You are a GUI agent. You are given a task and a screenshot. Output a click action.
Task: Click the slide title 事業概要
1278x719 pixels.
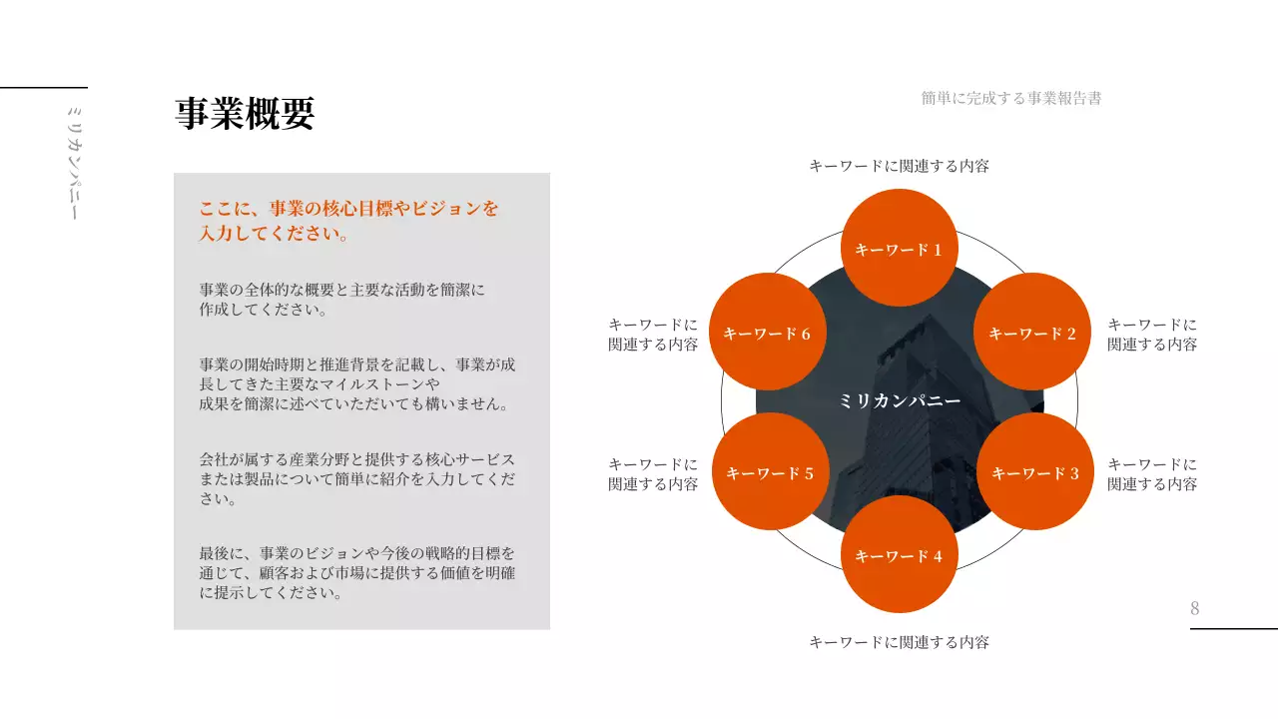(245, 114)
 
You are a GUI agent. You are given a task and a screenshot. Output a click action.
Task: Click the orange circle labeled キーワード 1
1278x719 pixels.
(900, 248)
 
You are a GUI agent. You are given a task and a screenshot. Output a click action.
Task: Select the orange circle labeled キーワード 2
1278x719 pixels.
(1031, 332)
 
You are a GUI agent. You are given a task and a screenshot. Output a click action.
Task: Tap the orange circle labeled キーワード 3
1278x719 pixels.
(1034, 472)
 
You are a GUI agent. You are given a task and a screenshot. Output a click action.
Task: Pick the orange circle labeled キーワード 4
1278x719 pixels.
(900, 555)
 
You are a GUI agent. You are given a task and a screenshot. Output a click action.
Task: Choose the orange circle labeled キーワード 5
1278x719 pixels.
(770, 472)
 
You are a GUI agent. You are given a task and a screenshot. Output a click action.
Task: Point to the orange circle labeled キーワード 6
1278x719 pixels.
(767, 332)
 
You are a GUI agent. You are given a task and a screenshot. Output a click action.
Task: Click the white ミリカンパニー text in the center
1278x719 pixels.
(900, 400)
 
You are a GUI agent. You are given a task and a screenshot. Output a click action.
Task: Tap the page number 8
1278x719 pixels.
(1195, 608)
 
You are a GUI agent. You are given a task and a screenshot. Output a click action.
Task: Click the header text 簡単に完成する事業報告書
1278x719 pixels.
(1011, 98)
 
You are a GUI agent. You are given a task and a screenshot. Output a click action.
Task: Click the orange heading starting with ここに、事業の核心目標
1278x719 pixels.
(348, 221)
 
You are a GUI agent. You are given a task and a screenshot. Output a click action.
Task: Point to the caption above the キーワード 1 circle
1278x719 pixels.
(899, 166)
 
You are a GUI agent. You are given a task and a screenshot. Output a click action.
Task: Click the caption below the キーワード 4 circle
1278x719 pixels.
(899, 642)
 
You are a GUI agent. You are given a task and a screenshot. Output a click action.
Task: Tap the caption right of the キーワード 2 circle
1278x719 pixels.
(1152, 335)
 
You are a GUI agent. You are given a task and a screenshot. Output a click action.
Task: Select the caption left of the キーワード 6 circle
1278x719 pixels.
(653, 335)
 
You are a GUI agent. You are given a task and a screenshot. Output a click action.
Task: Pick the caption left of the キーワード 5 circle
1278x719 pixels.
(653, 474)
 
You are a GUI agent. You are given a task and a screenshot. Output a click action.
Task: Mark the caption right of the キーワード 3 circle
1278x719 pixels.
(1152, 474)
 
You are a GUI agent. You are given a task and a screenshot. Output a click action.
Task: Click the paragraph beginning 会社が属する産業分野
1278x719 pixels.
(357, 479)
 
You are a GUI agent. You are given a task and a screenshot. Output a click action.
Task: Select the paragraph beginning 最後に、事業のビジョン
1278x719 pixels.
(357, 572)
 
